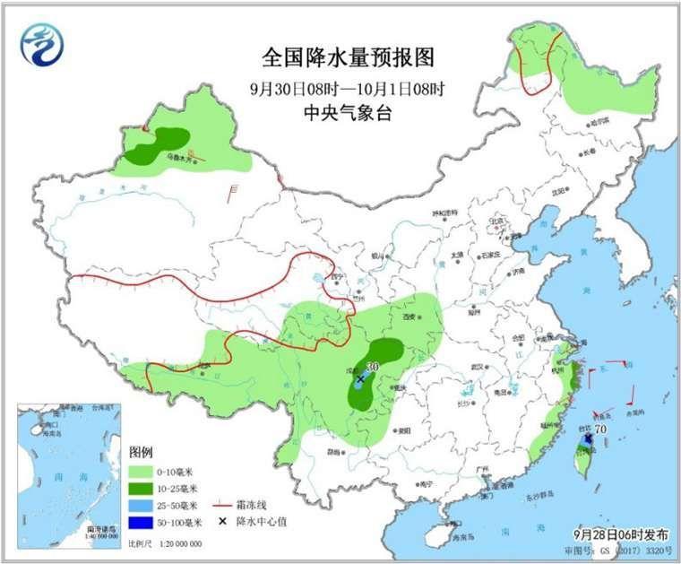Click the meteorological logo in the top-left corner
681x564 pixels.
(43, 44)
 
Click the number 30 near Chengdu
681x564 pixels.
(372, 367)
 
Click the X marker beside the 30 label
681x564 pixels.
(360, 379)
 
